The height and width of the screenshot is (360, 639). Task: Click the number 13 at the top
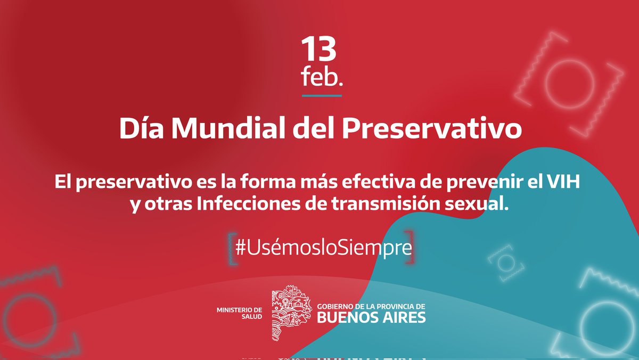[x=319, y=50]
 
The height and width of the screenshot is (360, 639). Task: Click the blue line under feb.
[x=322, y=96]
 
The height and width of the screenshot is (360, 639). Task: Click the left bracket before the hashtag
[x=230, y=248]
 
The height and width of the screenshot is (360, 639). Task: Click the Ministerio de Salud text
[x=240, y=313]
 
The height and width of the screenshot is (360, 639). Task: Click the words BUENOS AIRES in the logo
[x=371, y=318]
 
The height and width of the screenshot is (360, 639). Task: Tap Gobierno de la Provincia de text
[x=371, y=306]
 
